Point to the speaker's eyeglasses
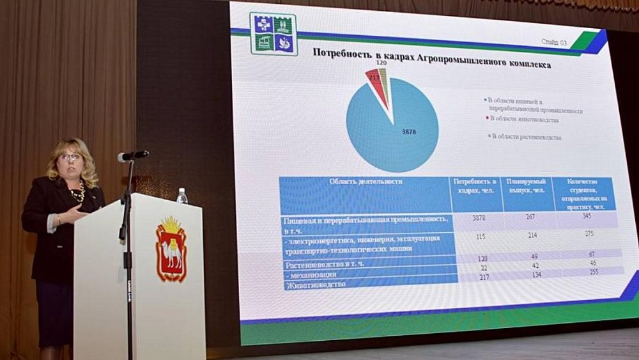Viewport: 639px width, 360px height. click(x=70, y=157)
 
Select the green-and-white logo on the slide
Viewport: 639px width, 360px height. click(x=273, y=34)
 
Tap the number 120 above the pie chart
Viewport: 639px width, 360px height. click(x=381, y=64)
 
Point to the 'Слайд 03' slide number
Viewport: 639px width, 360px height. click(x=553, y=42)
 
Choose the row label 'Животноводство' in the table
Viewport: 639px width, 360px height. click(x=316, y=284)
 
